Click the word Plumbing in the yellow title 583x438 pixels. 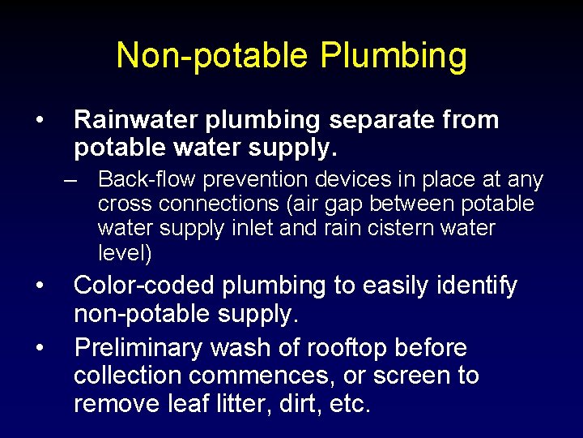394,57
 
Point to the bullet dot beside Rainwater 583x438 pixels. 39,121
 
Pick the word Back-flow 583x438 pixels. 148,179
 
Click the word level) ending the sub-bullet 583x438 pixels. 125,253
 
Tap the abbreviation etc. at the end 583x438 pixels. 349,404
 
